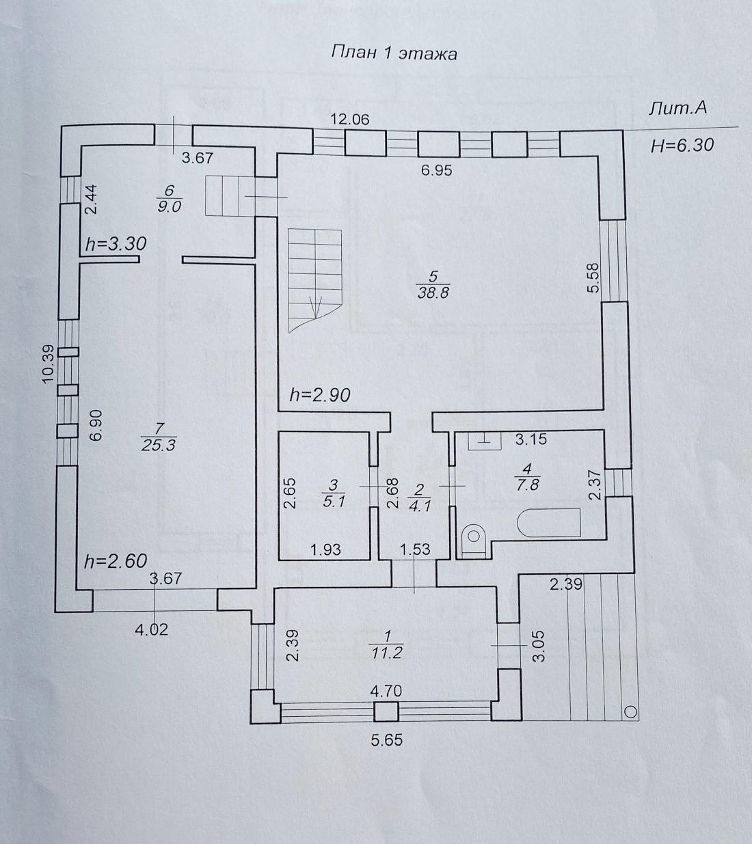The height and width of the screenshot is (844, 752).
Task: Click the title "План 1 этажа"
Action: [394, 53]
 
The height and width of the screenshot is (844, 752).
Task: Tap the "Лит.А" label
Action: [677, 109]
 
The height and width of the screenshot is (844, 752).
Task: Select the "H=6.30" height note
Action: [682, 145]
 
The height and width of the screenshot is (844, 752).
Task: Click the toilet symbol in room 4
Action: [472, 539]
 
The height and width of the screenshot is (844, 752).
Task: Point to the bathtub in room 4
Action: [549, 523]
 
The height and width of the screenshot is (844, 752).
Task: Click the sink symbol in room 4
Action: [484, 440]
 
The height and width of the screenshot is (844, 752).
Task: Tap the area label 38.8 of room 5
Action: [433, 293]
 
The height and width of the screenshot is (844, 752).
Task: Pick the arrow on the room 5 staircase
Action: [316, 307]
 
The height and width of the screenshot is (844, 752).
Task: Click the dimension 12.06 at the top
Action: [350, 119]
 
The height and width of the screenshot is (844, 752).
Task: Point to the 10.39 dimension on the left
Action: [48, 364]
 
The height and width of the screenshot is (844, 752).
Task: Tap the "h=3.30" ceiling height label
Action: [116, 243]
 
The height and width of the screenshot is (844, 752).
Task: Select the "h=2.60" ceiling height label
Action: [115, 561]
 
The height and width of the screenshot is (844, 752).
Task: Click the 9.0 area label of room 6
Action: [169, 207]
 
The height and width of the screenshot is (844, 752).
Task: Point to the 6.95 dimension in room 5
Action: [436, 170]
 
